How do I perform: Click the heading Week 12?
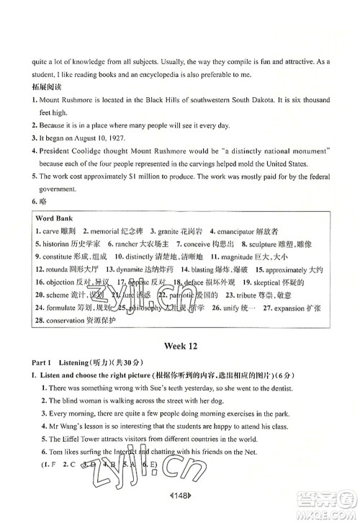click(x=179, y=345)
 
